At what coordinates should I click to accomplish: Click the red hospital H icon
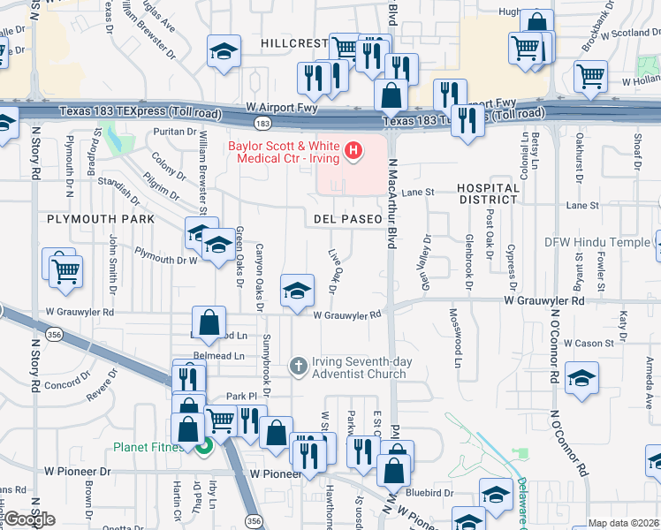pos(353,151)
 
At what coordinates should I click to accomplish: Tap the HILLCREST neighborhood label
pos(294,43)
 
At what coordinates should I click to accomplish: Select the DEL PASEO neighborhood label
pos(347,218)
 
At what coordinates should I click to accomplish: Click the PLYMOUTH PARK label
pos(101,218)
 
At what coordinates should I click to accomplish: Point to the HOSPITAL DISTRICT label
pos(488,195)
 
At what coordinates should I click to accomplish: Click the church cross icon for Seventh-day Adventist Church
pos(299,365)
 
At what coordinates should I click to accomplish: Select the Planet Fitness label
pos(148,447)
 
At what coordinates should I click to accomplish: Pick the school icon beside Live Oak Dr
pos(298,290)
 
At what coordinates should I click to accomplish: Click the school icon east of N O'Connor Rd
pos(581,378)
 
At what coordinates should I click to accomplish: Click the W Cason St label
pos(588,344)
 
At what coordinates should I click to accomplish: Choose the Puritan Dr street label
pos(173,132)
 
